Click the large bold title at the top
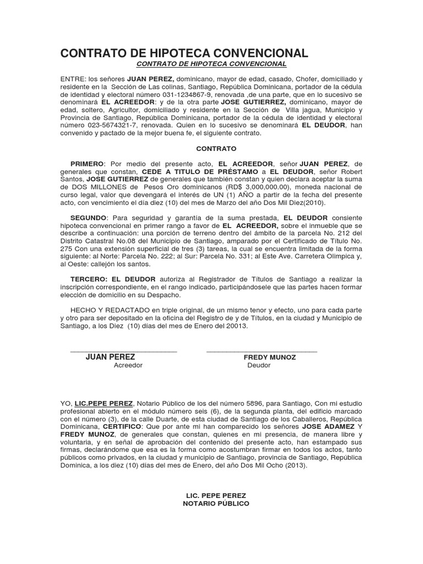[185, 53]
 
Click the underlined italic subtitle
[211, 64]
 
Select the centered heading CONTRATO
[216, 149]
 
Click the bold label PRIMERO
[87, 164]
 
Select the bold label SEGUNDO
[89, 218]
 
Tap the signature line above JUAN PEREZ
[123, 351]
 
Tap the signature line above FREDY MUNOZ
[262, 351]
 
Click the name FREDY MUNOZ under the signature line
[270, 357]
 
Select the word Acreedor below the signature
[128, 365]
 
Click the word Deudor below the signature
[259, 365]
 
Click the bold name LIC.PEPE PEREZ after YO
[104, 403]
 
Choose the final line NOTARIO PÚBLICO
[216, 503]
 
